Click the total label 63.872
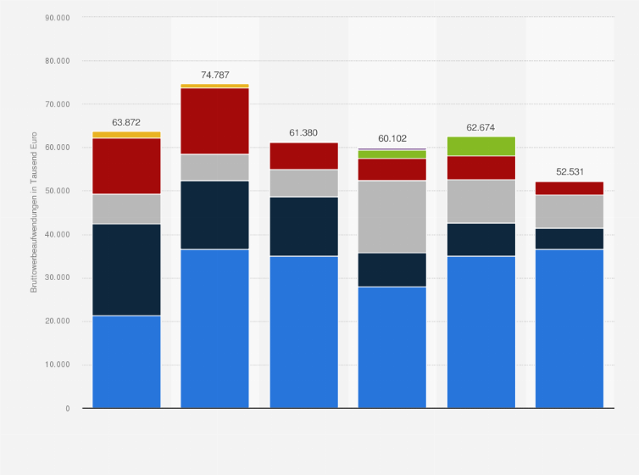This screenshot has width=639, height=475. (126, 122)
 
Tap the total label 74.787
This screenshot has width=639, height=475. (214, 75)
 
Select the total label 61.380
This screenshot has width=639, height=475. (303, 132)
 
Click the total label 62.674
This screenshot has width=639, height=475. (481, 127)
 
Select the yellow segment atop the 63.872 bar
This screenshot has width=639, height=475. (126, 135)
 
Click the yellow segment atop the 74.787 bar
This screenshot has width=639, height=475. (214, 86)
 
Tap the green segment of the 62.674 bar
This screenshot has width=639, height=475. (481, 146)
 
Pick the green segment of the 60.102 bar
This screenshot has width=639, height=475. (392, 154)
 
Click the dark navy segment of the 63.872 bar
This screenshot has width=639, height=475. (126, 270)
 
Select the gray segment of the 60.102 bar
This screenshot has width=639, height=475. (392, 216)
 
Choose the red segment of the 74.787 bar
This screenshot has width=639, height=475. (214, 120)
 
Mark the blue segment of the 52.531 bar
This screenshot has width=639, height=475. (569, 328)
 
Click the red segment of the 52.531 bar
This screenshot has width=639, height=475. (569, 188)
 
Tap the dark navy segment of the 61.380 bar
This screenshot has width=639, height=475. (303, 226)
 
